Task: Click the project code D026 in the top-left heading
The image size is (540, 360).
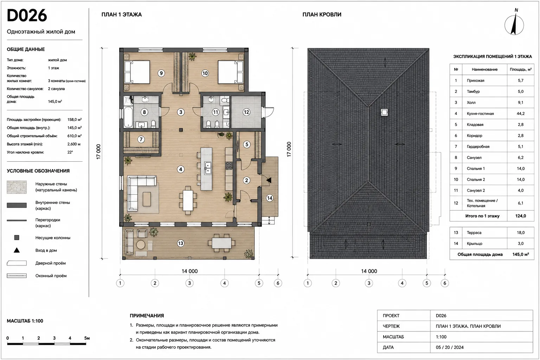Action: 27,15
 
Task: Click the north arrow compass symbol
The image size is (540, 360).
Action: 514,24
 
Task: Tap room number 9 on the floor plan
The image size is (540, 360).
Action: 161,73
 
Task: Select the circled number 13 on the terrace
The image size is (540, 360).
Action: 180,243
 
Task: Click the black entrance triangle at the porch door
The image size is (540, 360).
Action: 269,180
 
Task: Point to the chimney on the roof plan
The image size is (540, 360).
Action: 384,112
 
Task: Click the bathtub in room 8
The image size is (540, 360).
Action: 128,117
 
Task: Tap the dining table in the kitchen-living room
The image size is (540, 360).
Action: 188,201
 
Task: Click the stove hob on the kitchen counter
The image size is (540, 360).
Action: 229,166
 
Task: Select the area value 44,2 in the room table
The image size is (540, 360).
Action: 520,114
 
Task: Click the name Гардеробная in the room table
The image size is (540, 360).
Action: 478,147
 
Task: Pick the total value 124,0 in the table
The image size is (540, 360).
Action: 520,216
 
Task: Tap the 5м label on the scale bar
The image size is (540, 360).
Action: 87,338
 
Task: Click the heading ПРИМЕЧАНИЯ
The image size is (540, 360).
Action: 147,316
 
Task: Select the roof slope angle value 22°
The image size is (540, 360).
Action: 70,152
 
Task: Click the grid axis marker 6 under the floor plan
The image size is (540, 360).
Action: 278,283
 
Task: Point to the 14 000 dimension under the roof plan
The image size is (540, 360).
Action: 369,271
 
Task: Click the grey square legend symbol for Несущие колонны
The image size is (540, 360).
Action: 17,238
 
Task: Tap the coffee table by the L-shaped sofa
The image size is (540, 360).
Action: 147,199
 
